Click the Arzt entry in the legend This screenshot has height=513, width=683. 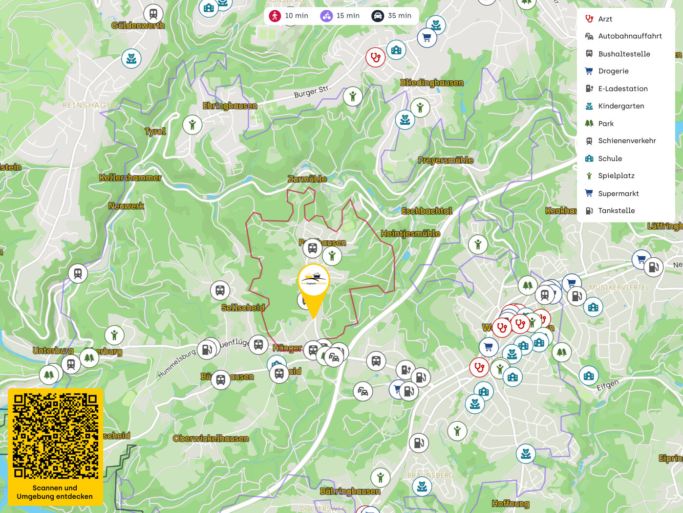pyautogui.click(x=605, y=19)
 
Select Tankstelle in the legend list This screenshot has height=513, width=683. pyautogui.click(x=616, y=211)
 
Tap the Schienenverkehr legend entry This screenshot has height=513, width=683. pyautogui.click(x=627, y=141)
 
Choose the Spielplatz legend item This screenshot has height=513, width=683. pyautogui.click(x=616, y=176)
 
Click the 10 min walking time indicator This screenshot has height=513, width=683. pyautogui.click(x=289, y=16)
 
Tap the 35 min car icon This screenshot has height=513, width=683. pyautogui.click(x=378, y=16)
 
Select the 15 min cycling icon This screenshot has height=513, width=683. pyautogui.click(x=326, y=16)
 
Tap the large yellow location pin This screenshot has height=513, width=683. pyautogui.click(x=313, y=288)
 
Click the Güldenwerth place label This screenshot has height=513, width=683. pyautogui.click(x=138, y=25)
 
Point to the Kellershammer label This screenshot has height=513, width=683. pyautogui.click(x=130, y=178)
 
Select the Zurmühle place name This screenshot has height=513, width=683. pyautogui.click(x=307, y=179)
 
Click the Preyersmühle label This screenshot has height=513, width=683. pyautogui.click(x=445, y=160)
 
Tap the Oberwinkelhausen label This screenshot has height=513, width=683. pyautogui.click(x=211, y=439)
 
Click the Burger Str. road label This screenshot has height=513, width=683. pyautogui.click(x=312, y=91)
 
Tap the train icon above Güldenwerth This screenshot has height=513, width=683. pyautogui.click(x=153, y=14)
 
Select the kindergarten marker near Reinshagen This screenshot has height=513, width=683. pyautogui.click(x=131, y=59)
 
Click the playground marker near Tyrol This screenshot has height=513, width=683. pyautogui.click(x=192, y=125)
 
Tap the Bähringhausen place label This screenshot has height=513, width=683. pyautogui.click(x=350, y=491)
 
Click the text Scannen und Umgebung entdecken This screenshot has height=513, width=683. pyautogui.click(x=55, y=492)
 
